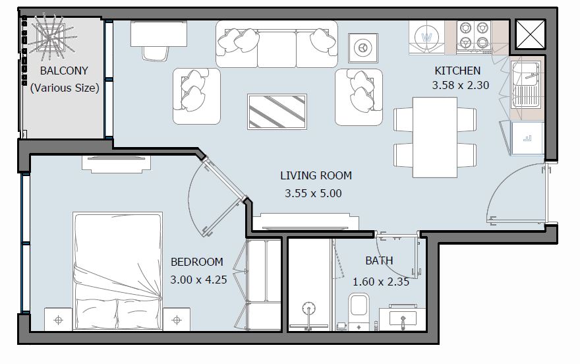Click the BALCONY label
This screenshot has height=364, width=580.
coord(64,71)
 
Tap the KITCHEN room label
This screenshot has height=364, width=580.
coord(457,71)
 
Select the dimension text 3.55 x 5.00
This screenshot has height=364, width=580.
coord(314,194)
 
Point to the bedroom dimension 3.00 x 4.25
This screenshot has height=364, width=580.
coord(198,279)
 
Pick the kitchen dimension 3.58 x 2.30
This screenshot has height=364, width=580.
coord(460,85)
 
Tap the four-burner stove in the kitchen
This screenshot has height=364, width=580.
coord(474,36)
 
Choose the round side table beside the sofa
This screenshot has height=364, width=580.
coord(361,47)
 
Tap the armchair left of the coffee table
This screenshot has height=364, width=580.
coord(196,96)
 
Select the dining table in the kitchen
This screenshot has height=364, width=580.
coord(434,137)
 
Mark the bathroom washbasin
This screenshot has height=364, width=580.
coord(401,319)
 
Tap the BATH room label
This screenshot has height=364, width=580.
coord(379,260)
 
